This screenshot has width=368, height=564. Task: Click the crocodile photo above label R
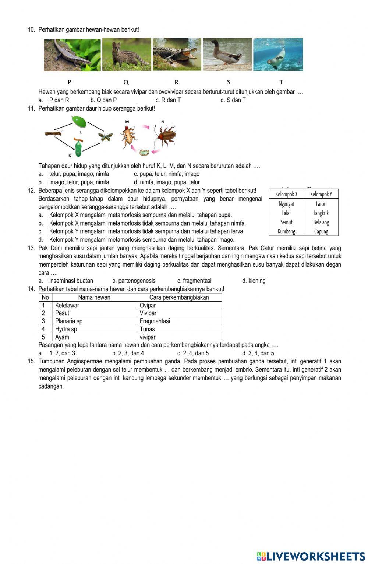(x=177, y=54)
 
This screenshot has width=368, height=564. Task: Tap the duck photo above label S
(x=227, y=54)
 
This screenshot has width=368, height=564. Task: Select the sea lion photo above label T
(x=278, y=54)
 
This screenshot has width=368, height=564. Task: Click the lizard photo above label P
(x=72, y=55)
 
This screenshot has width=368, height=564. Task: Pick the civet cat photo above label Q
(x=127, y=54)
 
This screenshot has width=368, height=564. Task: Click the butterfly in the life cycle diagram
(x=105, y=137)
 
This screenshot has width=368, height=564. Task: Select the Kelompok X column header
(x=286, y=194)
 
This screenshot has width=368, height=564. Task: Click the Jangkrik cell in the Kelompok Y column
(x=321, y=213)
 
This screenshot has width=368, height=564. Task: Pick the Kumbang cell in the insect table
(x=286, y=231)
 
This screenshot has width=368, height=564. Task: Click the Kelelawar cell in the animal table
(x=67, y=305)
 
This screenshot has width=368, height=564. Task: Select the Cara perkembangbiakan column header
(x=179, y=297)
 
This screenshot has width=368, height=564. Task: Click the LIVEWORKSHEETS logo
(x=311, y=556)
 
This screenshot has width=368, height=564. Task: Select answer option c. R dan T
(x=168, y=100)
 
